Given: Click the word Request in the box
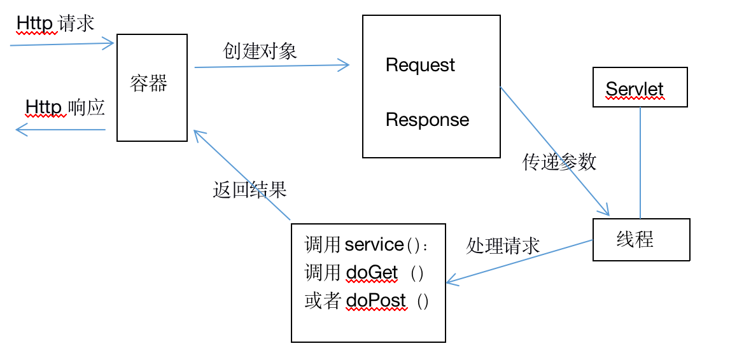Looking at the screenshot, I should pyautogui.click(x=420, y=65).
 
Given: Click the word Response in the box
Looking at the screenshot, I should pyautogui.click(x=427, y=120).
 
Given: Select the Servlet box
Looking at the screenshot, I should pyautogui.click(x=640, y=87).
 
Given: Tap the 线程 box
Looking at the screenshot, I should pyautogui.click(x=641, y=240).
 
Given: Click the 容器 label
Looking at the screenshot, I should pyautogui.click(x=149, y=83).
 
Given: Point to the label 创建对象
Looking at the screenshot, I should pyautogui.click(x=260, y=51).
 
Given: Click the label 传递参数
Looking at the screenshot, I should pyautogui.click(x=559, y=162).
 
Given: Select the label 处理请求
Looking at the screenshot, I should pyautogui.click(x=503, y=246).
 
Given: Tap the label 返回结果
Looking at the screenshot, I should pyautogui.click(x=250, y=190).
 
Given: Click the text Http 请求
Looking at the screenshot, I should pyautogui.click(x=55, y=23).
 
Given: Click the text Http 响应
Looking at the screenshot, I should pyautogui.click(x=65, y=107).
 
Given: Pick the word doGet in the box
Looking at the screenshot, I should pyautogui.click(x=372, y=273).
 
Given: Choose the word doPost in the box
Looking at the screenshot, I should pyautogui.click(x=376, y=300).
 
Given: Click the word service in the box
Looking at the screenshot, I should pyautogui.click(x=374, y=244).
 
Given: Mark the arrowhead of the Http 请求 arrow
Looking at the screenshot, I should pyautogui.click(x=110, y=43).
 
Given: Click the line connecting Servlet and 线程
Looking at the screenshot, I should pyautogui.click(x=640, y=162).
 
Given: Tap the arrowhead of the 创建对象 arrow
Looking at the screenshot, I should pyautogui.click(x=345, y=64).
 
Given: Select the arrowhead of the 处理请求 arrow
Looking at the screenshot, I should pyautogui.click(x=451, y=280).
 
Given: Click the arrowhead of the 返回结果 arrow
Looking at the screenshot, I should pyautogui.click(x=197, y=134).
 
